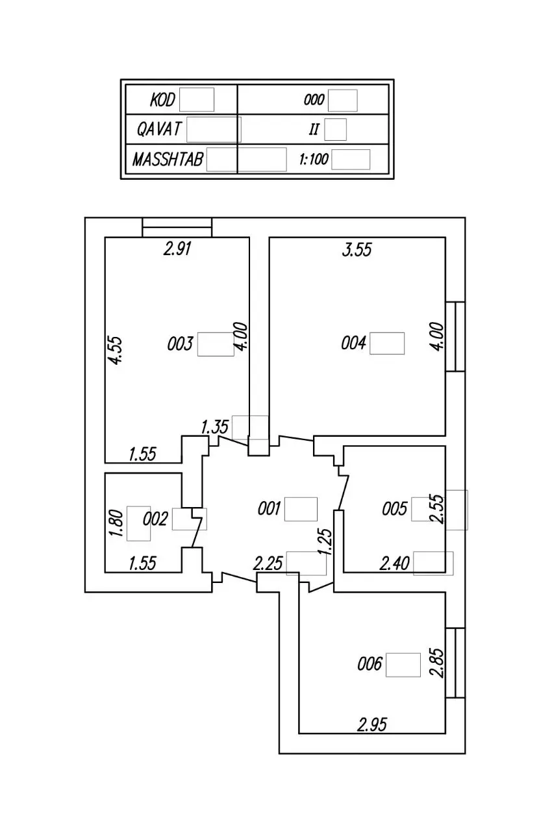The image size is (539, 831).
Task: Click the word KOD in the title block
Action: pyautogui.click(x=162, y=100)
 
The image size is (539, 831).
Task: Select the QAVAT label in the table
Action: pyautogui.click(x=159, y=129)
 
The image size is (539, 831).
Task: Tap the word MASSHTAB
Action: pyautogui.click(x=168, y=160)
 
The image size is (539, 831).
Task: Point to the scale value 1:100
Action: pyautogui.click(x=314, y=160)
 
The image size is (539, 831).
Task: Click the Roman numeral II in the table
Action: pyautogui.click(x=314, y=129)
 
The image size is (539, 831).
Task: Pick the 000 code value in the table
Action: pyautogui.click(x=314, y=100)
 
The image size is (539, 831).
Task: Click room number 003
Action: pyautogui.click(x=180, y=344)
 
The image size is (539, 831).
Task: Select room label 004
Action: pyautogui.click(x=353, y=343)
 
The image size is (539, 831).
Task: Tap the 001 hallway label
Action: pyautogui.click(x=269, y=508)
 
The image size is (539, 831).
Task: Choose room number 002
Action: pyautogui.click(x=155, y=519)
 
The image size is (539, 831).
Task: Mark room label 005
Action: pyautogui.click(x=395, y=508)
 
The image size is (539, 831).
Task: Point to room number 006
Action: pyautogui.click(x=370, y=664)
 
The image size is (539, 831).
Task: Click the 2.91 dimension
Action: pyautogui.click(x=177, y=249)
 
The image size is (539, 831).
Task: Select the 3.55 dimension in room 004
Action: pyautogui.click(x=357, y=250)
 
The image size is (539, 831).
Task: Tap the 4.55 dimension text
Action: pyautogui.click(x=116, y=351)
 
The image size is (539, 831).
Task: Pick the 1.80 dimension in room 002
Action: pyautogui.click(x=116, y=523)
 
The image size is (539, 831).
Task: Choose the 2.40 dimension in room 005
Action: pyautogui.click(x=394, y=564)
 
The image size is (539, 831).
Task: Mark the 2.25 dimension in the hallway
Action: pyautogui.click(x=268, y=564)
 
